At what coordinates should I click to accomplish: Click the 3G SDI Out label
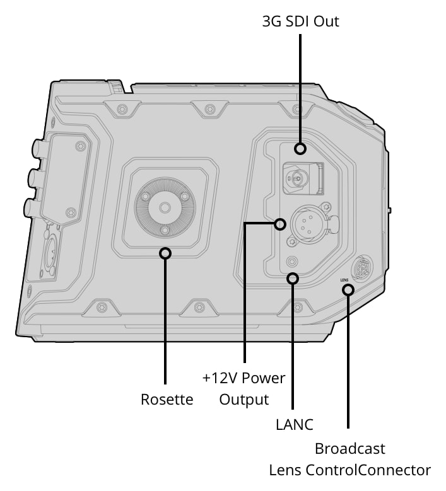pos(300,21)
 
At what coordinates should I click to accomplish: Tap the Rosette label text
pos(167,399)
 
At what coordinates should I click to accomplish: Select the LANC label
pos(295,425)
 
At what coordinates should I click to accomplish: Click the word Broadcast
pos(349,448)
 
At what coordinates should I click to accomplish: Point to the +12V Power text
pos(244,378)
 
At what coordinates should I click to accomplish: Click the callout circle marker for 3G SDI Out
pos(300,149)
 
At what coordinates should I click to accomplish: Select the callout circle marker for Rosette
pos(165,253)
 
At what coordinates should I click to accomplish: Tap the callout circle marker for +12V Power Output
pos(280,224)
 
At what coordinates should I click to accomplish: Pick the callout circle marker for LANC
pos(293,278)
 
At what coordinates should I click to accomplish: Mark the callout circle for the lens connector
pos(348,290)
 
